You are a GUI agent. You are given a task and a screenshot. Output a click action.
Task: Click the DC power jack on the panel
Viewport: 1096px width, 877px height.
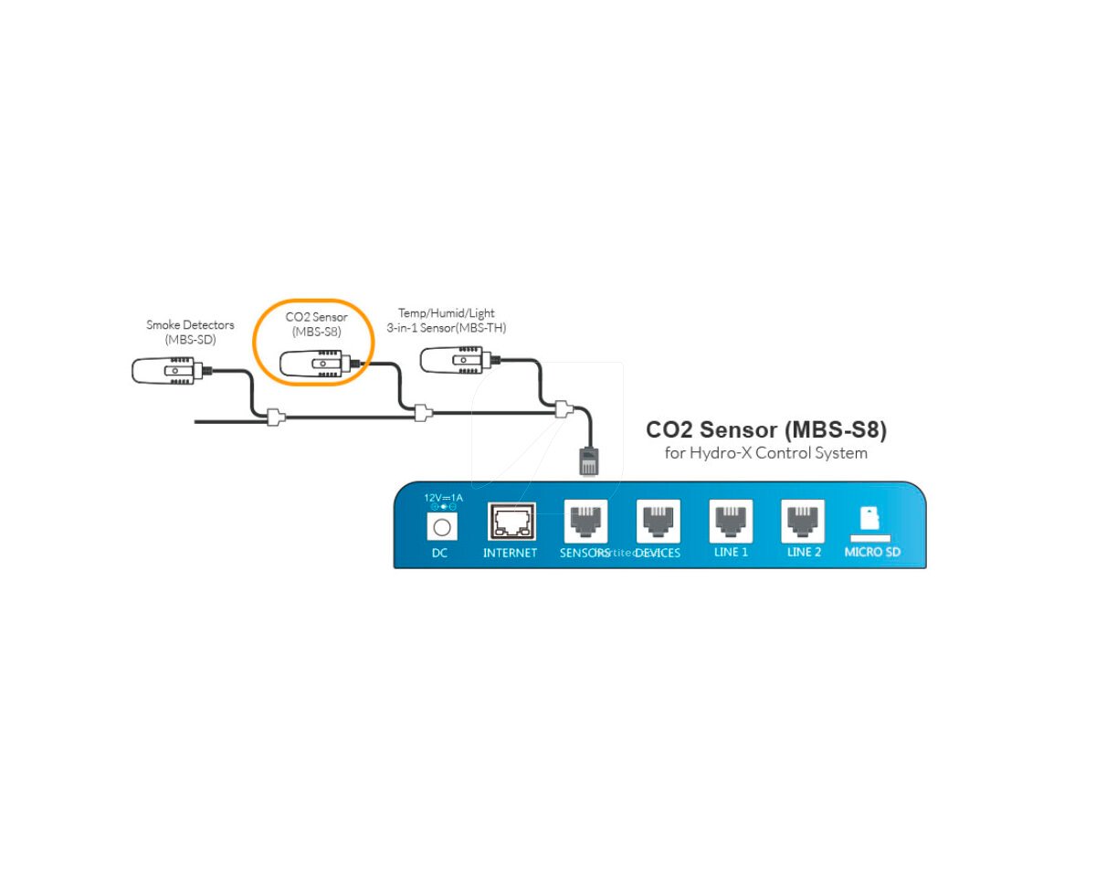(442, 527)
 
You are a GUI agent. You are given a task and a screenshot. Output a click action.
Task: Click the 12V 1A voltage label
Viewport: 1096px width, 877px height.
(444, 498)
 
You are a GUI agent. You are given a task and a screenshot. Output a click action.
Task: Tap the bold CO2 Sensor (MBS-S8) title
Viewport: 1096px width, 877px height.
(765, 429)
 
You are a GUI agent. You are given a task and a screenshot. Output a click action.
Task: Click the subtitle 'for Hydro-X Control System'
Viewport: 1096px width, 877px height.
(765, 453)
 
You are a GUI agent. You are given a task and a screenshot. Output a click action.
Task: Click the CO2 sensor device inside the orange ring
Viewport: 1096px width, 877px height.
(316, 365)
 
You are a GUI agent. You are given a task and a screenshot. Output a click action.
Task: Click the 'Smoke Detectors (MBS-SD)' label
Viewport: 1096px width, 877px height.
(190, 332)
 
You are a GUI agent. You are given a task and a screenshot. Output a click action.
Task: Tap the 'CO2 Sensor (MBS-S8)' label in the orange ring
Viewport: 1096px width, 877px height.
(316, 324)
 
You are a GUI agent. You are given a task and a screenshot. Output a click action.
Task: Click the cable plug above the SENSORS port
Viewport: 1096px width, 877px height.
(589, 460)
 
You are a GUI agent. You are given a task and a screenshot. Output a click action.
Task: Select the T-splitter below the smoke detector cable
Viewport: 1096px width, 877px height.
(275, 418)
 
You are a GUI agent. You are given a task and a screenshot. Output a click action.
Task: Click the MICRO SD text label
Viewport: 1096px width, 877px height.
(871, 552)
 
